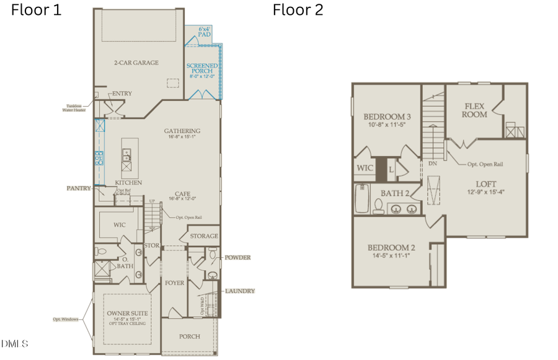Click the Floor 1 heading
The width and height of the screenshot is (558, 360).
pyautogui.click(x=37, y=10)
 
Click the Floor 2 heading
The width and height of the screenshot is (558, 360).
pyautogui.click(x=298, y=10)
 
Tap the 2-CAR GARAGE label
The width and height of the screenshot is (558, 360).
pyautogui.click(x=136, y=63)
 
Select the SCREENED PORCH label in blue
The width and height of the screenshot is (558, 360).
pyautogui.click(x=202, y=69)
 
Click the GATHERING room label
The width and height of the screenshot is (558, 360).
pyautogui.click(x=182, y=131)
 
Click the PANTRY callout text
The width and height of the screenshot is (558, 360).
pyautogui.click(x=79, y=188)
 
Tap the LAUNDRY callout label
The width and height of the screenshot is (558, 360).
pyautogui.click(x=239, y=291)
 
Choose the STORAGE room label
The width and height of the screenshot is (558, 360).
pyautogui.click(x=203, y=236)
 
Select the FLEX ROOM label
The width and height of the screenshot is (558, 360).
pyautogui.click(x=476, y=110)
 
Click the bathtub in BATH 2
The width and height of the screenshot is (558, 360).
pyautogui.click(x=361, y=200)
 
